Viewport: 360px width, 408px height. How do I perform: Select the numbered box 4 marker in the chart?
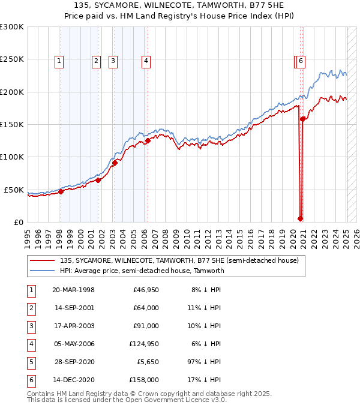tap(146, 60)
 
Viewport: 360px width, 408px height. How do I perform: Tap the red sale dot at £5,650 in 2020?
tap(300, 218)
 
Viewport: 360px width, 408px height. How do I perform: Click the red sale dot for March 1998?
tap(61, 192)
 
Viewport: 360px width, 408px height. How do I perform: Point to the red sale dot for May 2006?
tap(147, 141)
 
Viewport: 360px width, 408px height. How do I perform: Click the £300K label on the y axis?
tap(12, 28)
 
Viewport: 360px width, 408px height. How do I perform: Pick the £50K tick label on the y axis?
tap(14, 190)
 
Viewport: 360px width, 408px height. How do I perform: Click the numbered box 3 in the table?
tap(31, 326)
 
